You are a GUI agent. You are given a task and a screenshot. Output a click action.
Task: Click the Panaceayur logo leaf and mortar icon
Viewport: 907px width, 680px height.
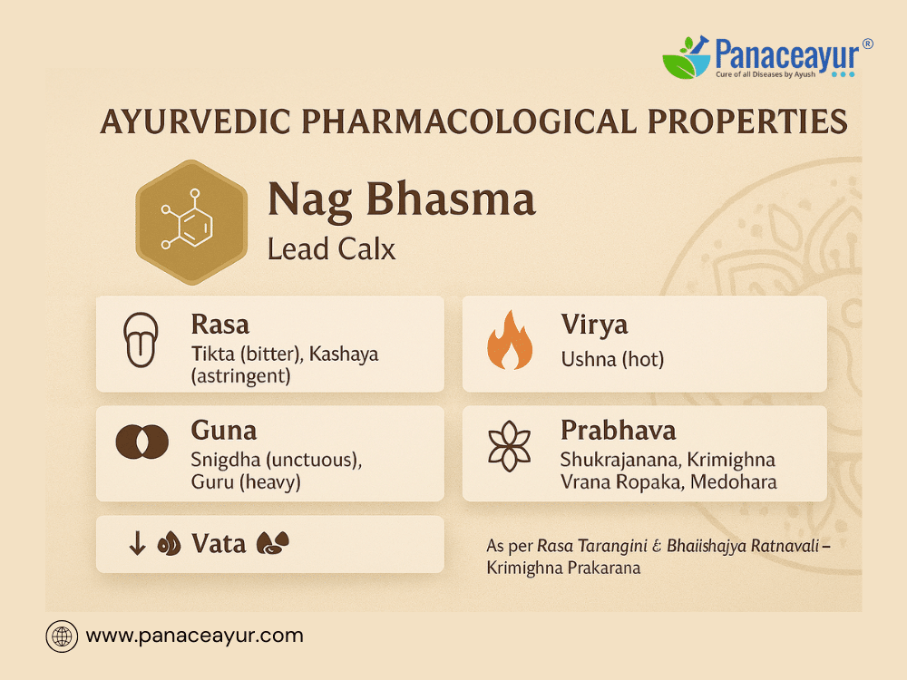[687, 57]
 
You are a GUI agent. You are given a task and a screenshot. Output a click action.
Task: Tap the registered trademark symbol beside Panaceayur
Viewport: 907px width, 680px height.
[867, 44]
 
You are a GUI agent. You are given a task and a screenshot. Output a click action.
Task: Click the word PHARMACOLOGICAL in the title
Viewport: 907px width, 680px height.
[468, 121]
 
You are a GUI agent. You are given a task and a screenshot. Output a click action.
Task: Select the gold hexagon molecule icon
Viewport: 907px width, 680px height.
[191, 223]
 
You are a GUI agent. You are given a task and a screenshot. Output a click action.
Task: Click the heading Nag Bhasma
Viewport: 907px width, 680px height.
[402, 200]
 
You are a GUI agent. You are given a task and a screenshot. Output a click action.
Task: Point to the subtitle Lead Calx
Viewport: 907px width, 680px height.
[331, 249]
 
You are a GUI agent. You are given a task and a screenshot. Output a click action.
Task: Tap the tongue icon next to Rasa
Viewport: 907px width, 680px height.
[141, 340]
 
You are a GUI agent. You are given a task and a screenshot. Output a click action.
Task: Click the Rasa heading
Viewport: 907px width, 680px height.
[219, 325]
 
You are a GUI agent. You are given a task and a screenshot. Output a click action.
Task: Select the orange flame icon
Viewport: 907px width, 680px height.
[510, 340]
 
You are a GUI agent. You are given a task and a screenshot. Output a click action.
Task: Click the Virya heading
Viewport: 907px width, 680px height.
[594, 325]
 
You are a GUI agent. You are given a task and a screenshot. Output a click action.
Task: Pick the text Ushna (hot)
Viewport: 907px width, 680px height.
[612, 360]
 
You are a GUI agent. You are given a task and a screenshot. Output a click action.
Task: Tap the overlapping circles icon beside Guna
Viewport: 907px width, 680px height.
[142, 442]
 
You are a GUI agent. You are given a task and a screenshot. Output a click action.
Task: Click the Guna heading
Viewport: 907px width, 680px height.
[224, 431]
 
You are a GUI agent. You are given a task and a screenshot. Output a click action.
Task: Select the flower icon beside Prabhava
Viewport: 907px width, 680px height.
[509, 446]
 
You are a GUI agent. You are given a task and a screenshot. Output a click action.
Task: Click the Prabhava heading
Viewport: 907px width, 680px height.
[619, 431]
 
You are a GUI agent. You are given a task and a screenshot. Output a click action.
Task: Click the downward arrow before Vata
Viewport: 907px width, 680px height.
[137, 543]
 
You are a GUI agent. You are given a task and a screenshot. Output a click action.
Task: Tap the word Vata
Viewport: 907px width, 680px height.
[219, 544]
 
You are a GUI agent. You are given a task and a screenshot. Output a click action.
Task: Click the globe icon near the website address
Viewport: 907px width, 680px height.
[62, 636]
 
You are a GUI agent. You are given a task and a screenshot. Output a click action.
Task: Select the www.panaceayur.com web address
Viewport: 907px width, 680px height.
[194, 636]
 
